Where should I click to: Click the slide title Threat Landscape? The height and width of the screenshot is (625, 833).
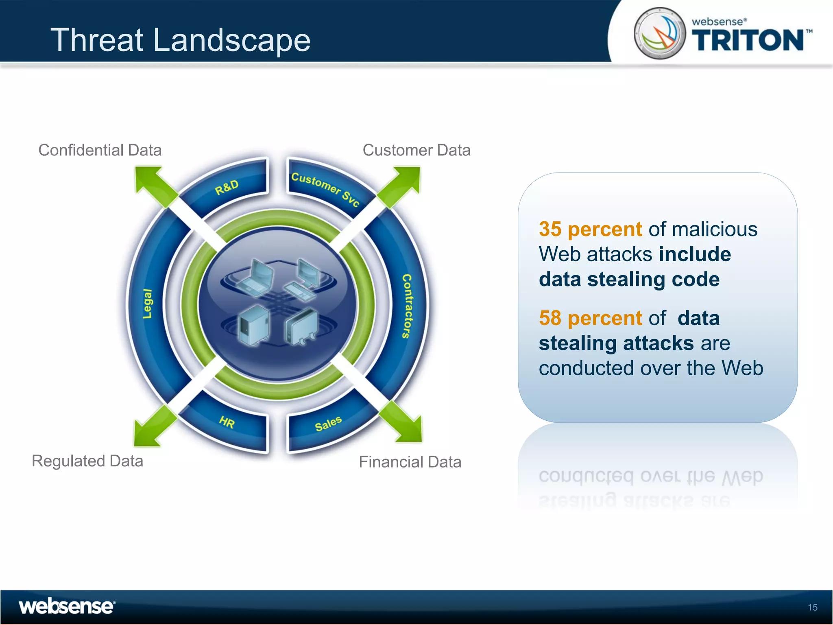point(180,40)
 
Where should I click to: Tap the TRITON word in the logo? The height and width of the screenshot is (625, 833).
point(748,40)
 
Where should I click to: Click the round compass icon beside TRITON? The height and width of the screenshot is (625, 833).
point(660,33)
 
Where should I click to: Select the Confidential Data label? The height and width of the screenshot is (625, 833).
point(100,150)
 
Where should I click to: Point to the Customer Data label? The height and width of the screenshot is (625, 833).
point(416,150)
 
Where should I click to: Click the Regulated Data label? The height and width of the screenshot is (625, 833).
point(87,461)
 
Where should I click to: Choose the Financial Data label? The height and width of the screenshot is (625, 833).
point(410,462)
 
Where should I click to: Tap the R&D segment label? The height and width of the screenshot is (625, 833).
point(227,187)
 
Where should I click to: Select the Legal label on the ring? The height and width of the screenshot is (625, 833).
point(147,304)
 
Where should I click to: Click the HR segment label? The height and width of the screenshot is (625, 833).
point(227,422)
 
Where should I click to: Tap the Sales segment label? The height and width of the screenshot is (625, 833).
point(328,424)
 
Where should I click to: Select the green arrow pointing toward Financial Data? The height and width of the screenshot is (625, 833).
point(405,425)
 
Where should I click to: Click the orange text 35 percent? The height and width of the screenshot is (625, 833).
point(590,229)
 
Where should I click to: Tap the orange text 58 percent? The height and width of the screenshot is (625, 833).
point(590,318)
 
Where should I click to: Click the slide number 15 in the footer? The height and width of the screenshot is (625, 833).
point(812,608)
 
